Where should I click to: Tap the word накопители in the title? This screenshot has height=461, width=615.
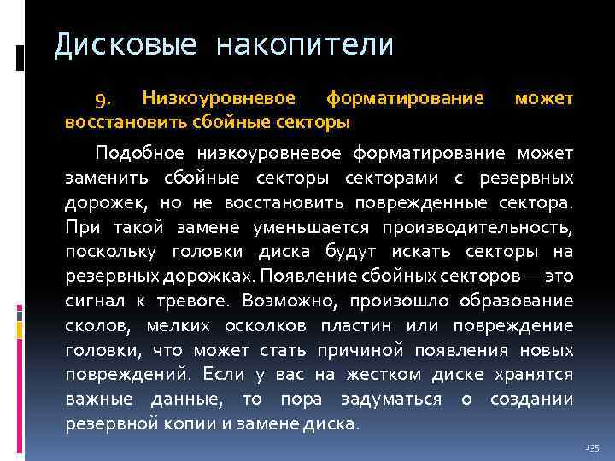point(305,44)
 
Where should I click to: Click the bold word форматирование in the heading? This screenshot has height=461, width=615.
point(406,101)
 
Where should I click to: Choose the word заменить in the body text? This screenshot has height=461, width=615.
point(101,179)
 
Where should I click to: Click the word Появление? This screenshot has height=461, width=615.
point(302,277)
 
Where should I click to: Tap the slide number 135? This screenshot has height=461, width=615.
point(593,448)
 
